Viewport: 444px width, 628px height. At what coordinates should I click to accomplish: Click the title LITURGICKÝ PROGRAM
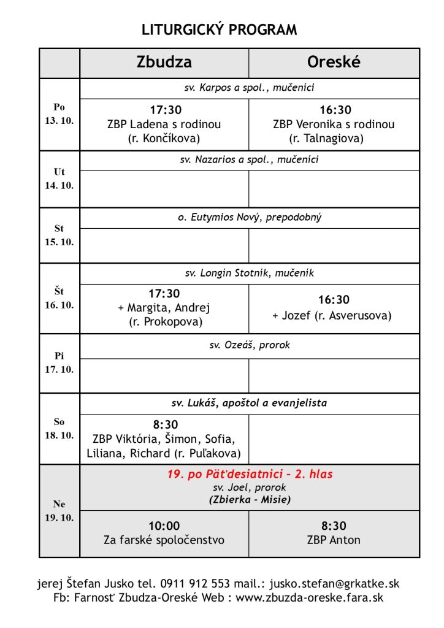point(219,29)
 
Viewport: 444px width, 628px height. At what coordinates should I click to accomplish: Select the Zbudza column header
point(164,63)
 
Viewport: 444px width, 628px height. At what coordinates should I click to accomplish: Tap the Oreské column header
point(334,63)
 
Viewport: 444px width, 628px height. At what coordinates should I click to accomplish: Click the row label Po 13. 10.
point(59,113)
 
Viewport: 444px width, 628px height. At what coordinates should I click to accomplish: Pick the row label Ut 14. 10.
point(59,178)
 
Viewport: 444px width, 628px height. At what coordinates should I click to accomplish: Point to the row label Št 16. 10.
point(59,298)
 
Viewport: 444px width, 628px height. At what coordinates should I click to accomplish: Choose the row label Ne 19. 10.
point(59,511)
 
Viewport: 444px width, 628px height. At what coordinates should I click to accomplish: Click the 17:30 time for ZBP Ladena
point(165,110)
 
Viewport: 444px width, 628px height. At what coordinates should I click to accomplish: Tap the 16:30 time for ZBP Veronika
point(334,110)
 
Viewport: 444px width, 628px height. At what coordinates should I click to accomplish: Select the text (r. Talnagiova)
point(334,139)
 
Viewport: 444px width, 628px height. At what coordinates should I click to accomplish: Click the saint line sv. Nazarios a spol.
point(249,160)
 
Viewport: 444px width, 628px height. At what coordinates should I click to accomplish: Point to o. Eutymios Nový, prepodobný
point(249,218)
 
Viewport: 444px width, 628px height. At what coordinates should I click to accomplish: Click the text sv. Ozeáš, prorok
point(249,345)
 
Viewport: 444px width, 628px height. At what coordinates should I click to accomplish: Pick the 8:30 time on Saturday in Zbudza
point(165,424)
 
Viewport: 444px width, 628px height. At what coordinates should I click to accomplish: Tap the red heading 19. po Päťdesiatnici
point(250,474)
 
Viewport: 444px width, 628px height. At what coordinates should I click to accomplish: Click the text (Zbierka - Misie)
point(249,499)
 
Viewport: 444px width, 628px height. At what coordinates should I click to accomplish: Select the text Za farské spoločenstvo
point(164,540)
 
